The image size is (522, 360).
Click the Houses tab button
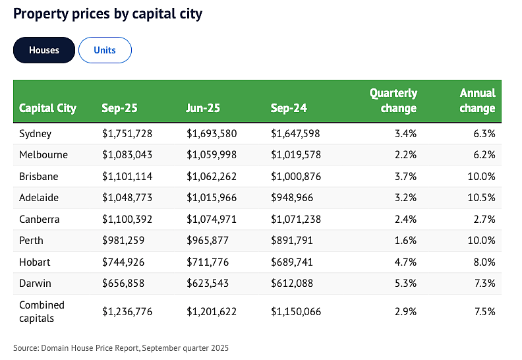click(44, 50)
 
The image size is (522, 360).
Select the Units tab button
click(105, 50)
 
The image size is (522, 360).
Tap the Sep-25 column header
click(119, 108)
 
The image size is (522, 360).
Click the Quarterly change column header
click(393, 100)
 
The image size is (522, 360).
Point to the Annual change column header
click(477, 100)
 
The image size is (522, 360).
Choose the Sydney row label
click(36, 134)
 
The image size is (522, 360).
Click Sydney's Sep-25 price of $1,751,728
click(127, 134)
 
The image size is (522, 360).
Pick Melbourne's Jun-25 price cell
click(212, 154)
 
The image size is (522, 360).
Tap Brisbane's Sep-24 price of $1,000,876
click(296, 176)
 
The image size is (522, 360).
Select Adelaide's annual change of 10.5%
click(481, 198)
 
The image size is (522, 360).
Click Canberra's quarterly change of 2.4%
click(405, 219)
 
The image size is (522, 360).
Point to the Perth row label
click(31, 241)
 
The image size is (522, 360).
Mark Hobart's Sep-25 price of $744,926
click(123, 262)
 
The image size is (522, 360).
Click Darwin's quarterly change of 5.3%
click(405, 284)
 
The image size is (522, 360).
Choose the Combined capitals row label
click(42, 312)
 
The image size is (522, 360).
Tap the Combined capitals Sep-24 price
click(296, 312)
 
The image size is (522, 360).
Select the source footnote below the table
click(121, 348)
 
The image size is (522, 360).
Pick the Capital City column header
click(47, 108)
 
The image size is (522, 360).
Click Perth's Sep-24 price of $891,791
click(292, 241)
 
